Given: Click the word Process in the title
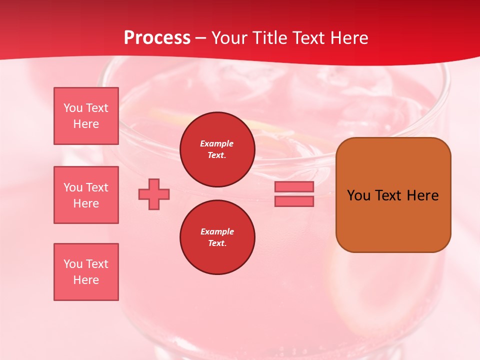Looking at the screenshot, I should tap(157, 38).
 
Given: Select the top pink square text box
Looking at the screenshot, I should tap(86, 116).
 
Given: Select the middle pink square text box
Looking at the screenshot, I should tap(86, 195).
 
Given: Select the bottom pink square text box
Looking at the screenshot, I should tap(86, 272).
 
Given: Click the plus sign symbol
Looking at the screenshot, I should tap(154, 194).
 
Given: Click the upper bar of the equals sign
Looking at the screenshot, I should tap(294, 186).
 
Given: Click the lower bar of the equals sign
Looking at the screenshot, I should tap(294, 201).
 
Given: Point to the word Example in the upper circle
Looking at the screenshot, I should tap(217, 143).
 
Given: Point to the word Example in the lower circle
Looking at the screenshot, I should tap(217, 231).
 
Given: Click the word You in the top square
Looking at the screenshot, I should tap(73, 108).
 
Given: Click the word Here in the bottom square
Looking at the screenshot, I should tap(86, 280).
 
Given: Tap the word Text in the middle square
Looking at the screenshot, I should tap(97, 187).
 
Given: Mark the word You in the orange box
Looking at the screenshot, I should tap(358, 195).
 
